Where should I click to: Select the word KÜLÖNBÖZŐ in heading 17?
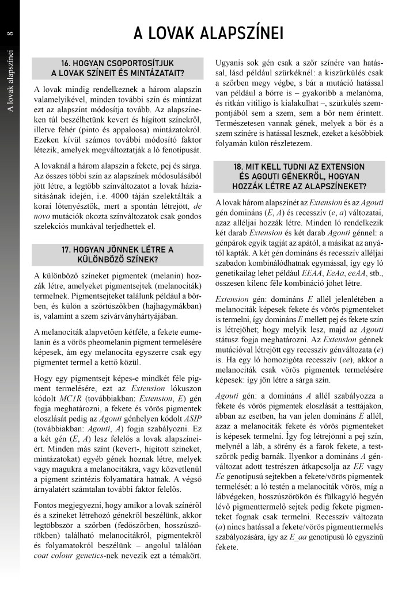(x=117, y=259)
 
